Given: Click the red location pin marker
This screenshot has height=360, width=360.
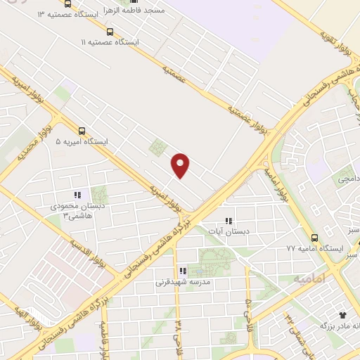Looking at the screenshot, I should (181, 165).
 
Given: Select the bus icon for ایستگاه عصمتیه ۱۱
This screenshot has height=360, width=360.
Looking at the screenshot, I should (109, 32).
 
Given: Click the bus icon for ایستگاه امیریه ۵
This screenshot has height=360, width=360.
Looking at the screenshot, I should (83, 131).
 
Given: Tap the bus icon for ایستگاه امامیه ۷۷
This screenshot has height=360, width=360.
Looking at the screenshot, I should (314, 238).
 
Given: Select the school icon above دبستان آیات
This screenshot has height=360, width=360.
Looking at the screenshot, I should (228, 221).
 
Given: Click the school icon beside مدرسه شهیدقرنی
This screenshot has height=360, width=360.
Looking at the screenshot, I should (182, 271).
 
